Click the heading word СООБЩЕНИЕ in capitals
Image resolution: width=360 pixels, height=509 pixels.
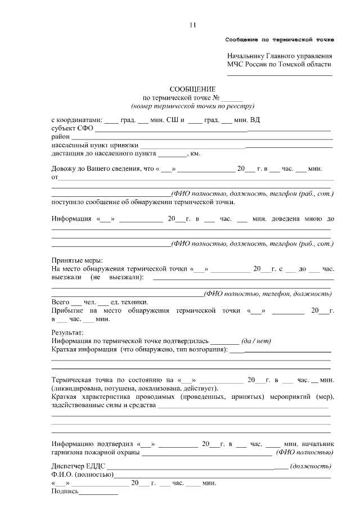click(193, 89)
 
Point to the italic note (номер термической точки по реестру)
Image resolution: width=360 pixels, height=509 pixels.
click(193, 105)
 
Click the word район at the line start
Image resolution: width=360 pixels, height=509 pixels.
click(60, 137)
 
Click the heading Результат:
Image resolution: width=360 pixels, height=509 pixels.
click(67, 332)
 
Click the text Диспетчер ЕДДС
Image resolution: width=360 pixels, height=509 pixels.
click(78, 466)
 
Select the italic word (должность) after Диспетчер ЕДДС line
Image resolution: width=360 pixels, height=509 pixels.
click(310, 466)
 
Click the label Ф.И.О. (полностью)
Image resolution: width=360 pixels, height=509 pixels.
click(82, 475)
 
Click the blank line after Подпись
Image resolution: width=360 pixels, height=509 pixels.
click(98, 493)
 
